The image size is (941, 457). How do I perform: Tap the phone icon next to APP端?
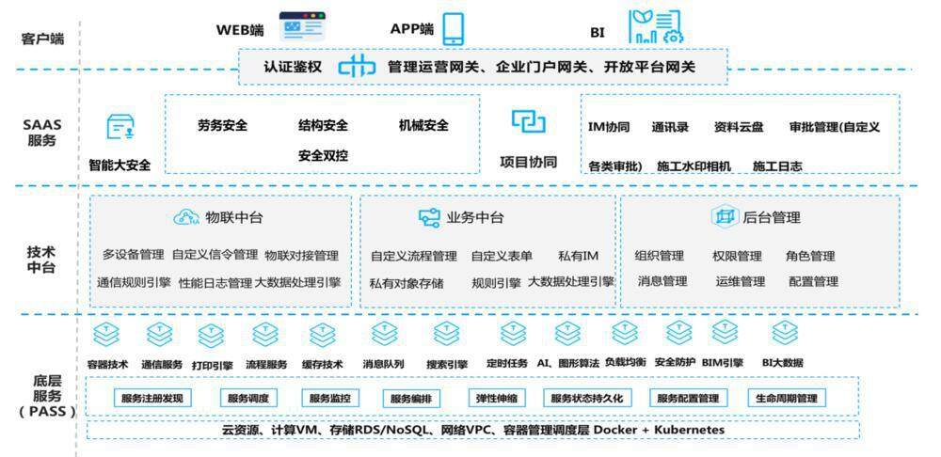pos(454,28)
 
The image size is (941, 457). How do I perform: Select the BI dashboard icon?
pos(655,27)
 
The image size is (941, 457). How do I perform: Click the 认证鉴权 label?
pos(293,67)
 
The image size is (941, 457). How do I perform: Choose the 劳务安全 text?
pos(222,126)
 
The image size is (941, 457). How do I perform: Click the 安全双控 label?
pos(323,155)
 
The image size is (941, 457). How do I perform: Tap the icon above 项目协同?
pos(528,121)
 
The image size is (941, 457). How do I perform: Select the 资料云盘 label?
pos(739,127)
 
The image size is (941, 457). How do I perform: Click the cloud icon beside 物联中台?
pos(185,217)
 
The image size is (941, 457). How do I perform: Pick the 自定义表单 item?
pos(502,256)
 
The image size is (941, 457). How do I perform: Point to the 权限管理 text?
pos(737,256)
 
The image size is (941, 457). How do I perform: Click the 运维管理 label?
pos(740,281)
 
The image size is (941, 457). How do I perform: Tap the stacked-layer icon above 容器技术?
pos(107,334)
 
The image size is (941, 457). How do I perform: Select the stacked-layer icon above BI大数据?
pos(784,334)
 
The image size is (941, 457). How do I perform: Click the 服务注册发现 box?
pos(152,398)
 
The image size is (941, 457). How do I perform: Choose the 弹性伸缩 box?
pos(499,398)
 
